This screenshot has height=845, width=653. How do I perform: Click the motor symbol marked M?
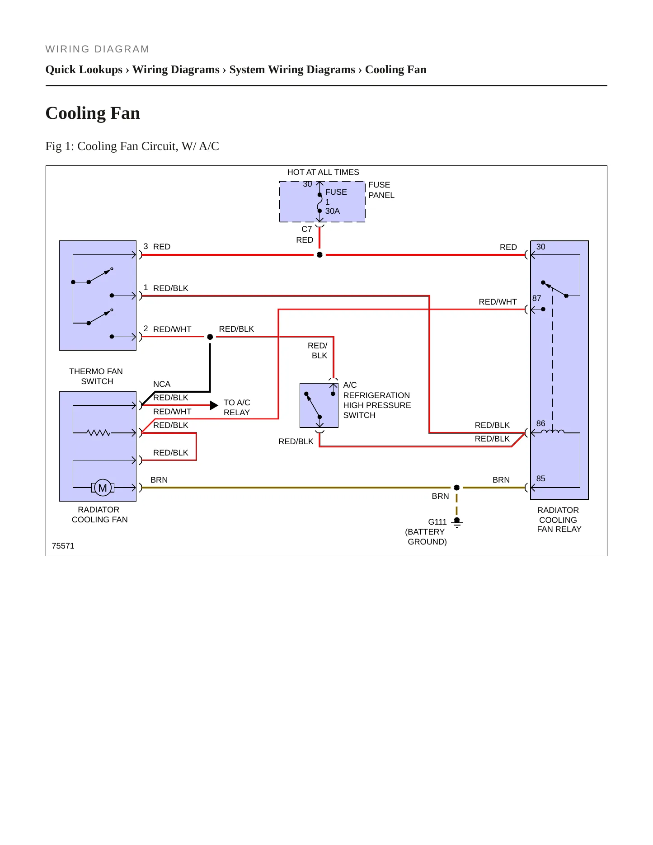pyautogui.click(x=103, y=488)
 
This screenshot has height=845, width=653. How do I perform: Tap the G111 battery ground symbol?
pyautogui.click(x=457, y=522)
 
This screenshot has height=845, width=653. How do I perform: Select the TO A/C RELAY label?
pyautogui.click(x=237, y=408)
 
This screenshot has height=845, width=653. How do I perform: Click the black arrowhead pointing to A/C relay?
pyautogui.click(x=214, y=405)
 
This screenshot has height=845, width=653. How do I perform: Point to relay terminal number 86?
pyautogui.click(x=540, y=423)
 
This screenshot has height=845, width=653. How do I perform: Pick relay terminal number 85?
pyautogui.click(x=540, y=479)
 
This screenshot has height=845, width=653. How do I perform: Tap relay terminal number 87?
pyautogui.click(x=536, y=298)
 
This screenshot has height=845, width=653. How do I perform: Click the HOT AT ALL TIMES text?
pyautogui.click(x=323, y=172)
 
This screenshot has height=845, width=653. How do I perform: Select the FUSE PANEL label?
pyautogui.click(x=381, y=190)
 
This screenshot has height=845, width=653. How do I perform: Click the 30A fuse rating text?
pyautogui.click(x=333, y=211)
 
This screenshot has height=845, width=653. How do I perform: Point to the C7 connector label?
pyautogui.click(x=307, y=229)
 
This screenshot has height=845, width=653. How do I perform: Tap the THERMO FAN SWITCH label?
pyautogui.click(x=96, y=376)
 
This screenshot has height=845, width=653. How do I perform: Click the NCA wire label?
pyautogui.click(x=162, y=384)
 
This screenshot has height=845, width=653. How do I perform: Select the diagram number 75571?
pyautogui.click(x=63, y=546)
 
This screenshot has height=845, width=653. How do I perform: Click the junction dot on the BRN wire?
pyautogui.click(x=456, y=488)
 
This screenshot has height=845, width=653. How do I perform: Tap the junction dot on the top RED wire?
pyautogui.click(x=319, y=255)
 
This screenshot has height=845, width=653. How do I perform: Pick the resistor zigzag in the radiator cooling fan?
pyautogui.click(x=99, y=433)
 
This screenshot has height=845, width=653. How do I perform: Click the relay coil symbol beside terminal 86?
pyautogui.click(x=553, y=432)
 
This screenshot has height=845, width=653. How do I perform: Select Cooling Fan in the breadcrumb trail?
pyautogui.click(x=396, y=70)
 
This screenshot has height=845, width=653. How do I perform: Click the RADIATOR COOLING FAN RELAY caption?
pyautogui.click(x=559, y=520)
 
